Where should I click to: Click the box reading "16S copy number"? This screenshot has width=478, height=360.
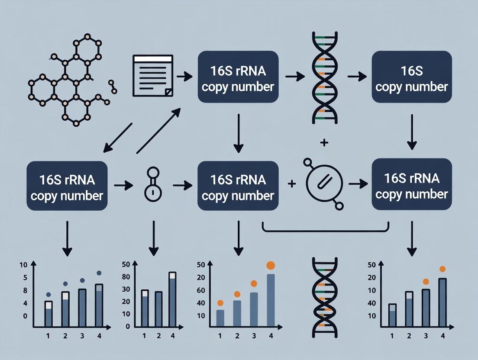pos(411,77)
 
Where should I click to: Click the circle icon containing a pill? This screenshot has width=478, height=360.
pos(324,184)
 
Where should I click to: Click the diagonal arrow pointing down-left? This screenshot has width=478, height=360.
pos(118,138)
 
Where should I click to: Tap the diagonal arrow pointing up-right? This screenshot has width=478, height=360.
pos(158,131)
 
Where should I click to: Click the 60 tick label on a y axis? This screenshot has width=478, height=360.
pos(200,290)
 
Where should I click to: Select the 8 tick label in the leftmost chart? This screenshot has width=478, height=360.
pos(25,290)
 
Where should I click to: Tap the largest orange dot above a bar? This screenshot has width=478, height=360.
pos(271,265)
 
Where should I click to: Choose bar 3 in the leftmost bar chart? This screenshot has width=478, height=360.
pos(82,307)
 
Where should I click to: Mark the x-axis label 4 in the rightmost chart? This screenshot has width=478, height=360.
pos(442,336)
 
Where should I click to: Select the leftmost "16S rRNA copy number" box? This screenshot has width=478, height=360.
pos(67,186)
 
